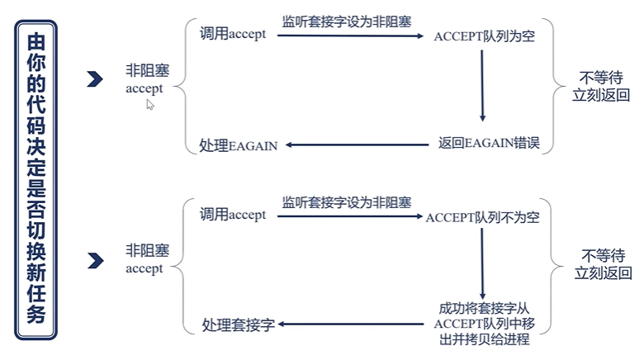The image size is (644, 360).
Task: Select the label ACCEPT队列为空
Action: point(484,37)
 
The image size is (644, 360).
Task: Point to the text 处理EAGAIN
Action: point(239,145)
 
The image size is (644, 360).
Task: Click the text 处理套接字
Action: point(238,325)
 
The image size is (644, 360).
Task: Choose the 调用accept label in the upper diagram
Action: point(233,35)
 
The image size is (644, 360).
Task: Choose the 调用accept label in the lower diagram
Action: point(233,215)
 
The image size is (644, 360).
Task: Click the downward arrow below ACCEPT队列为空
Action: point(482,87)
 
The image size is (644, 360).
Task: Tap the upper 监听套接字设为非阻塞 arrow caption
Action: point(346,22)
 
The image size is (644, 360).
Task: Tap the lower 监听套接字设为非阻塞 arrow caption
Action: point(346,202)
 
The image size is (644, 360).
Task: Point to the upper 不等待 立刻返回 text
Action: point(602,85)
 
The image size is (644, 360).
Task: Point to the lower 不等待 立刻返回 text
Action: point(602,264)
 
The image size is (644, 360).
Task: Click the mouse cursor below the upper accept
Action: point(150,105)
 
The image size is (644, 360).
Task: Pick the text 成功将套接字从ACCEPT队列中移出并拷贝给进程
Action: point(482,324)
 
